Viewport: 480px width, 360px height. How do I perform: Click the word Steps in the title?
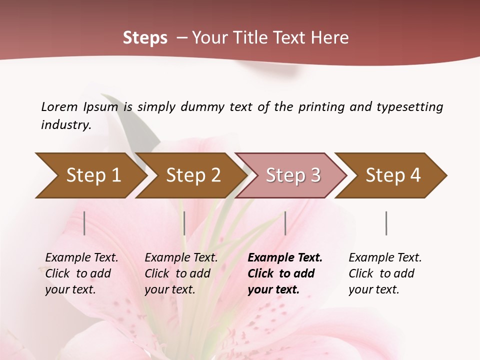pyautogui.click(x=145, y=38)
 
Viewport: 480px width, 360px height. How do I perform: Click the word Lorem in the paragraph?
pyautogui.click(x=59, y=106)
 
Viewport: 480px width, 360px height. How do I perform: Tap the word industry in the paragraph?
pyautogui.click(x=66, y=124)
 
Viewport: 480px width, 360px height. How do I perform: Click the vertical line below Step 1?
pyautogui.click(x=84, y=223)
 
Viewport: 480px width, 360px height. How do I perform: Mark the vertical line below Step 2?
pyautogui.click(x=184, y=223)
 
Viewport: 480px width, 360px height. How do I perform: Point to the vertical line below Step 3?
pyautogui.click(x=285, y=223)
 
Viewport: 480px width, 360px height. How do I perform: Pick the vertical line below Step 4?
pyautogui.click(x=386, y=223)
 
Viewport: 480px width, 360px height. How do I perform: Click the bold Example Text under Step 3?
pyautogui.click(x=285, y=258)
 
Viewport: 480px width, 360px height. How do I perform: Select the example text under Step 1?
pyautogui.click(x=81, y=273)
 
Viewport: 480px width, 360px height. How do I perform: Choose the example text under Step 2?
pyautogui.click(x=181, y=273)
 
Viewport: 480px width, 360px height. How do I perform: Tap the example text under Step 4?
pyautogui.click(x=385, y=273)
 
